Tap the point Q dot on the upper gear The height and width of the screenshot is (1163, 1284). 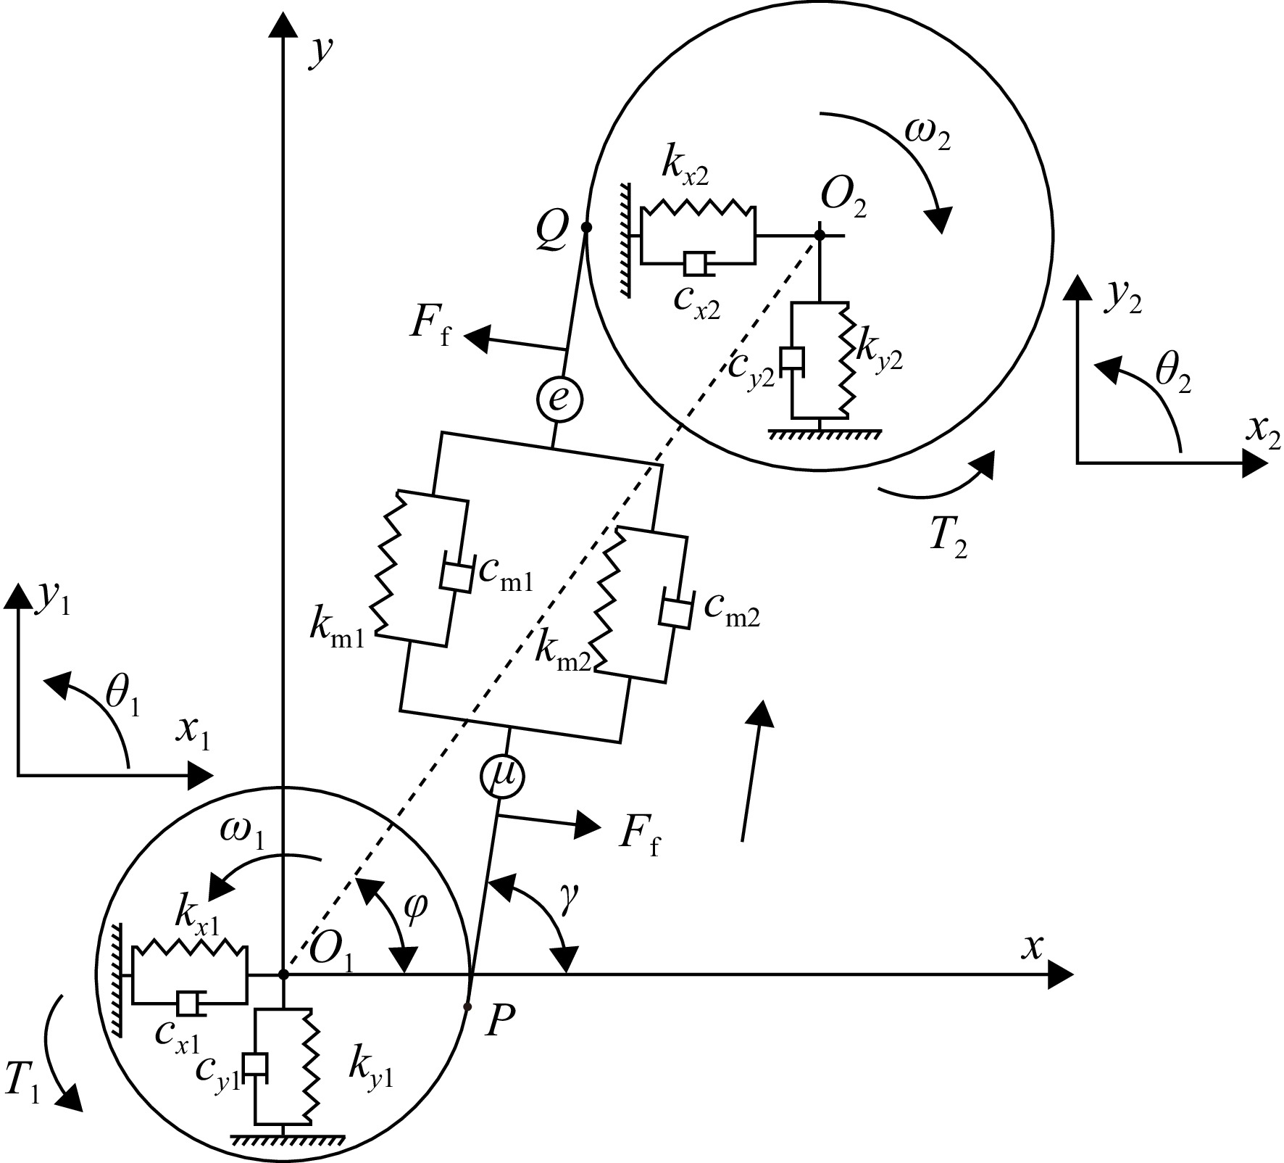586,228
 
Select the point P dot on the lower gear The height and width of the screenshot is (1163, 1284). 467,1006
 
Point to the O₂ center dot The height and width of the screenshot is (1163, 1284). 820,236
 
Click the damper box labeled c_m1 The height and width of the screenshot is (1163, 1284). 456,575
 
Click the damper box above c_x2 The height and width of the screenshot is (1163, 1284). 696,264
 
